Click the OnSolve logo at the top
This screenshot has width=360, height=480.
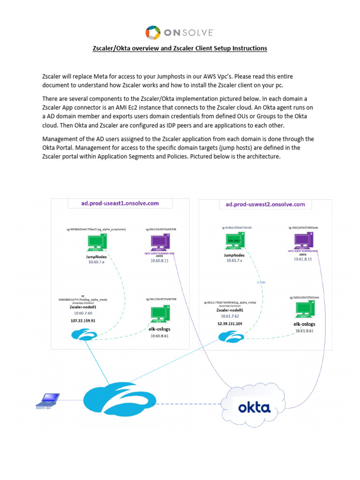click(x=180, y=32)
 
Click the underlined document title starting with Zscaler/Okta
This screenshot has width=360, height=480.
click(x=180, y=48)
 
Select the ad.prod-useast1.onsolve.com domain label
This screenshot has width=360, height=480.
click(x=120, y=203)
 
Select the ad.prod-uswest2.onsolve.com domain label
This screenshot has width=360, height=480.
click(x=265, y=204)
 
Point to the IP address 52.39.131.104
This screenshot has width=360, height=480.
click(x=230, y=323)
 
